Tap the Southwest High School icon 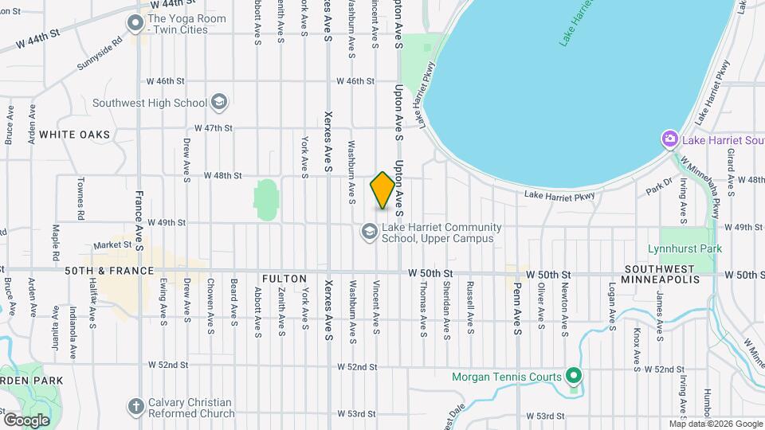pyautogui.click(x=219, y=103)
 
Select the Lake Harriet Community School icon pyautogui.click(x=368, y=232)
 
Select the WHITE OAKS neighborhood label pyautogui.click(x=74, y=135)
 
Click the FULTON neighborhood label pyautogui.click(x=284, y=279)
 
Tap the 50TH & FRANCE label pyautogui.click(x=109, y=272)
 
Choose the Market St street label pyautogui.click(x=111, y=245)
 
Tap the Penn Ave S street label pyautogui.click(x=517, y=308)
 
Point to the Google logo pyautogui.click(x=26, y=420)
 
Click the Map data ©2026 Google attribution pyautogui.click(x=715, y=424)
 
